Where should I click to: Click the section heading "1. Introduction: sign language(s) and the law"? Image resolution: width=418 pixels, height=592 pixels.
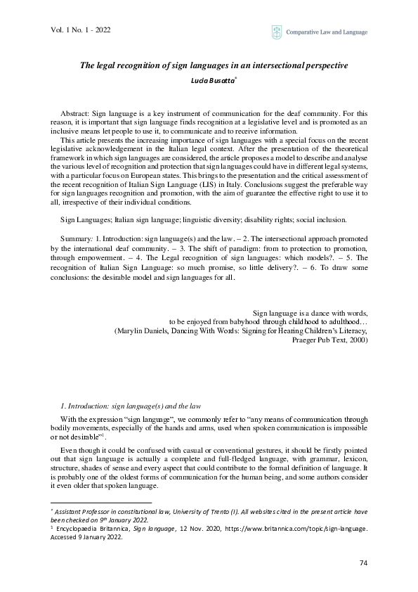[131, 406]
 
